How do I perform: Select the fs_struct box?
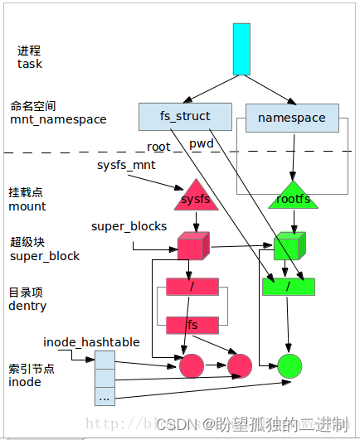(186, 116)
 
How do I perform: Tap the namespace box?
(291, 118)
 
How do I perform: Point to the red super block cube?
(192, 246)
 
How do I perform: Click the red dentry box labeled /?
(192, 287)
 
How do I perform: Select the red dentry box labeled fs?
(192, 324)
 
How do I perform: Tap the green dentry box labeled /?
(288, 287)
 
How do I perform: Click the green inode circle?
(289, 365)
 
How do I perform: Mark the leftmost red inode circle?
(192, 365)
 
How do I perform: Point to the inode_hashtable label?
(91, 341)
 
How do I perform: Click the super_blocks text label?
(129, 226)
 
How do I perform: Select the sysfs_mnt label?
(126, 165)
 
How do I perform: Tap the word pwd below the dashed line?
(202, 144)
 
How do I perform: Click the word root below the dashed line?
(158, 147)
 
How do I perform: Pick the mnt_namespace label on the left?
(58, 119)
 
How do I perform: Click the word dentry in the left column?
(27, 306)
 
